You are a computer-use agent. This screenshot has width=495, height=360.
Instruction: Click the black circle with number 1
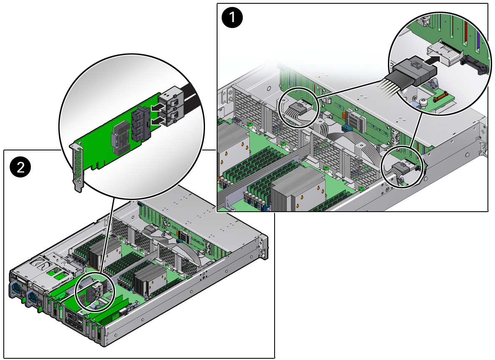[x=232, y=17]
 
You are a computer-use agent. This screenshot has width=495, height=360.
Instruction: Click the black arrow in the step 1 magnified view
[x=431, y=59]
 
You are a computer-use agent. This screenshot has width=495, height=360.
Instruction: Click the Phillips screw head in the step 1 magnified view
[x=423, y=102]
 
